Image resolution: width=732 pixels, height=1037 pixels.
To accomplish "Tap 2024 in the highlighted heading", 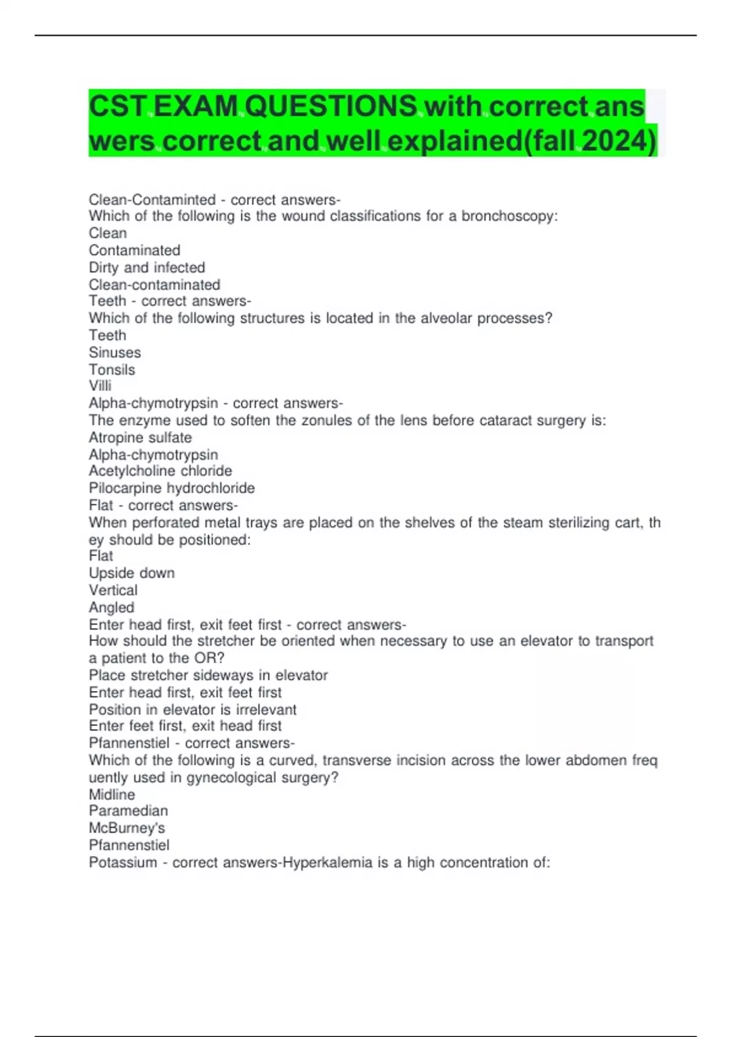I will (617, 141).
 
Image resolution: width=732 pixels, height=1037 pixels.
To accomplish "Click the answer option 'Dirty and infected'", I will (146, 268).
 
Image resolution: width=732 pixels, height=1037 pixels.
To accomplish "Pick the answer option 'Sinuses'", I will (115, 353).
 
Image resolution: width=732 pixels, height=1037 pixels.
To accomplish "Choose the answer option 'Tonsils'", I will (112, 370).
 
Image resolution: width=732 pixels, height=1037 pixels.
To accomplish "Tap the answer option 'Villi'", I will (100, 386).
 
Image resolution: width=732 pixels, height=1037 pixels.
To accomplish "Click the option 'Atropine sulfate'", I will (140, 438).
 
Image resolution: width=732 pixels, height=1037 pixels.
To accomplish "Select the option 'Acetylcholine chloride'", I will (160, 471).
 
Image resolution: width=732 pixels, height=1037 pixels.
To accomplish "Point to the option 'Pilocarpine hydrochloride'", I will (171, 488).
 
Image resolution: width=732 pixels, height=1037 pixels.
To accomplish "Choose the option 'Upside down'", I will (132, 573).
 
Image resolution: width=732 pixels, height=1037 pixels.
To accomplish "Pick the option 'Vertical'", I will (113, 590).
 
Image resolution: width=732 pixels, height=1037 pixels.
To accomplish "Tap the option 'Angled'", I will (111, 608).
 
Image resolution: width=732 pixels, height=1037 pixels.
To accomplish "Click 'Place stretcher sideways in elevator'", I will (208, 676).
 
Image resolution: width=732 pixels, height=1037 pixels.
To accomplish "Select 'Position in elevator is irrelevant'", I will (192, 710).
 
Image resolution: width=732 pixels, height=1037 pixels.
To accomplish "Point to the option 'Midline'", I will (112, 795).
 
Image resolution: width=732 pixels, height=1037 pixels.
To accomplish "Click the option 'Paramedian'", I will (128, 811).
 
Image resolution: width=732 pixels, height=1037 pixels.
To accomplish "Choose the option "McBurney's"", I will (127, 828).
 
